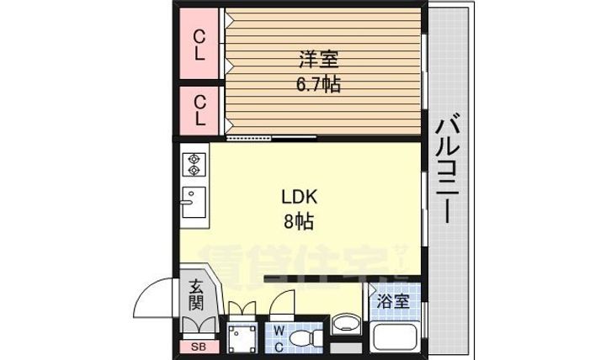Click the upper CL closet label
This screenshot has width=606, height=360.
click(200, 45)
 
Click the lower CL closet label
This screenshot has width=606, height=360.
click(200, 110)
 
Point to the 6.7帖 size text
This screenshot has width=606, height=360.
click(318, 84)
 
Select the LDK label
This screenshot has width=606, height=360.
click(299, 199)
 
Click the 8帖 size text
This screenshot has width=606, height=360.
click(299, 223)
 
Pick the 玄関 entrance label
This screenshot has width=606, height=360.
click(195, 294)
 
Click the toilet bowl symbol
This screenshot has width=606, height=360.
click(303, 338)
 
